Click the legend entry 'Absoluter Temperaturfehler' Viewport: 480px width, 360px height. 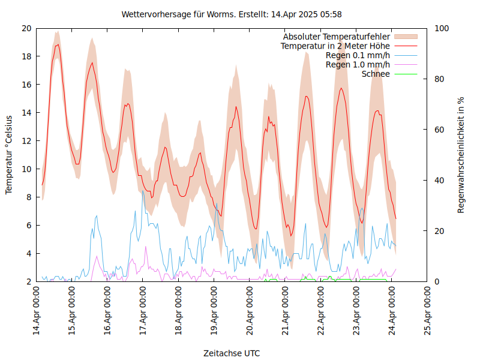(337, 37)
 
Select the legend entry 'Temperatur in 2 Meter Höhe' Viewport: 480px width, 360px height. (335, 46)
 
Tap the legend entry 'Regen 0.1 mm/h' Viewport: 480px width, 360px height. (358, 55)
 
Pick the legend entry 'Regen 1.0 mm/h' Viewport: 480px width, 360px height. (358, 64)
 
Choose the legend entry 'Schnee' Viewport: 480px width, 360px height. (376, 74)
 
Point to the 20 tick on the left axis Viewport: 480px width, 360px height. (26, 28)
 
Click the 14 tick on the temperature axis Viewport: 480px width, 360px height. (26, 113)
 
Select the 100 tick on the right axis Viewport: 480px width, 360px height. (442, 28)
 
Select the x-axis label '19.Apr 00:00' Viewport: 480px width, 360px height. (214, 312)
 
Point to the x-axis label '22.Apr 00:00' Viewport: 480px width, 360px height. (321, 312)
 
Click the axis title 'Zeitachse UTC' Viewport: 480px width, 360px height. (232, 353)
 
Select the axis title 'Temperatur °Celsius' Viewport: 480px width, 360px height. (9, 155)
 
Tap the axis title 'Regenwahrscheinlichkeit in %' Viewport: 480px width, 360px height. (461, 155)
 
